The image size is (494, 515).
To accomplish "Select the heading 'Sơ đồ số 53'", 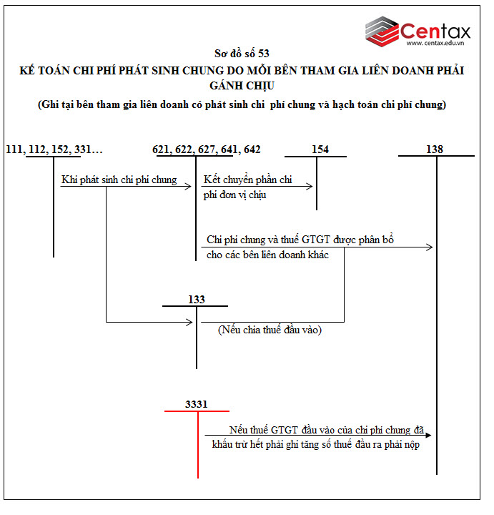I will click(x=242, y=54).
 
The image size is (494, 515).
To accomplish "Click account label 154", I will click(x=320, y=149).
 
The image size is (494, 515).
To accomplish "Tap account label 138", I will click(x=434, y=149).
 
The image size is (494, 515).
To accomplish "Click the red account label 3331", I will click(x=196, y=404).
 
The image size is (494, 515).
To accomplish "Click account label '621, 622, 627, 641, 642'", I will click(x=207, y=149).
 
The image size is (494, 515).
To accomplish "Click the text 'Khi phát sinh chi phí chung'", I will click(x=119, y=180).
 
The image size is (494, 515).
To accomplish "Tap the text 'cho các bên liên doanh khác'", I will click(x=267, y=255).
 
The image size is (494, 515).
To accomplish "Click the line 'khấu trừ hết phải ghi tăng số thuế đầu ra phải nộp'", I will click(x=315, y=444).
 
